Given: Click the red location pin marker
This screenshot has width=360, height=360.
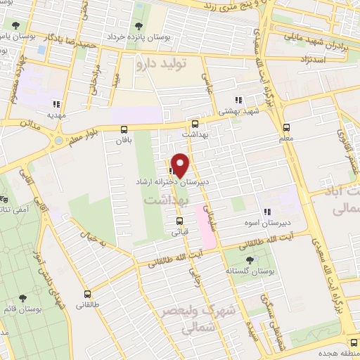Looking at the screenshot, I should [x=180, y=165].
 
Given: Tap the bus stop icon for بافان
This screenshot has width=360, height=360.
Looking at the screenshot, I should [x=124, y=129].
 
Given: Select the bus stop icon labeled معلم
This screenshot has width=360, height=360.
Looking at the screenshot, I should [x=285, y=128].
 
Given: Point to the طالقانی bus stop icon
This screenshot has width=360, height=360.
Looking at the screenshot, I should [x=87, y=295].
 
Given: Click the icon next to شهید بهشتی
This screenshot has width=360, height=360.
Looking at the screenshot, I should [x=239, y=101].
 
